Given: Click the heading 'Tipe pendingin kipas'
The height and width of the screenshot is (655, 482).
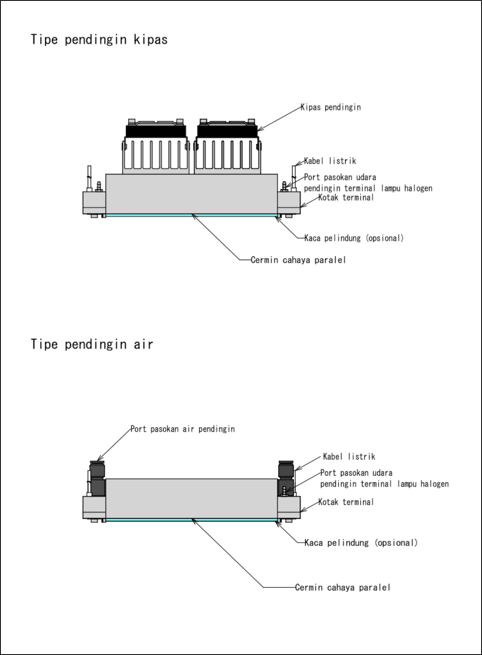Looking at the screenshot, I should pyautogui.click(x=99, y=40).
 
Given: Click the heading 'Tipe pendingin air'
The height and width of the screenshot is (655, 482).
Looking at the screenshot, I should pyautogui.click(x=92, y=344).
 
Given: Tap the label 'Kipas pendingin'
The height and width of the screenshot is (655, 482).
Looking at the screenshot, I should pyautogui.click(x=331, y=107).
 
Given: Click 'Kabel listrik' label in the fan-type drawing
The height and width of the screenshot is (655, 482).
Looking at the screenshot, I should pyautogui.click(x=330, y=161).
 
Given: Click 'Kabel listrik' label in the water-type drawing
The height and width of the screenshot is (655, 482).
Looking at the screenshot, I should pyautogui.click(x=349, y=456).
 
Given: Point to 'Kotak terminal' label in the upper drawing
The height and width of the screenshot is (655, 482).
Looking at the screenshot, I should pyautogui.click(x=346, y=197).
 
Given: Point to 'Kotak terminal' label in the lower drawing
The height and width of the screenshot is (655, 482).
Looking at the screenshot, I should pyautogui.click(x=346, y=502).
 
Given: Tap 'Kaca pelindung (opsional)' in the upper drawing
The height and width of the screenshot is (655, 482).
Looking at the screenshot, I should pyautogui.click(x=354, y=238).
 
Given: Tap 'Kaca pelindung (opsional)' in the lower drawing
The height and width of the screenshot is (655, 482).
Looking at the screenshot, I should pyautogui.click(x=361, y=543).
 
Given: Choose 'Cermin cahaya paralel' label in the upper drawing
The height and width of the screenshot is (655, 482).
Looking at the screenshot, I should pyautogui.click(x=298, y=260).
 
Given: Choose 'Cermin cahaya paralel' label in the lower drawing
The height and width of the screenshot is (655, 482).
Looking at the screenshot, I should pyautogui.click(x=342, y=588).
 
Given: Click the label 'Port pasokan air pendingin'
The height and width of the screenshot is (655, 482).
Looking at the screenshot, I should pyautogui.click(x=182, y=429).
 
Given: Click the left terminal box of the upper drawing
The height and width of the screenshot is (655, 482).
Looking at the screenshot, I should pyautogui.click(x=94, y=202).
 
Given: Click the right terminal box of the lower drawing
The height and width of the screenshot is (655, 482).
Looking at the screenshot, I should pyautogui.click(x=289, y=507).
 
